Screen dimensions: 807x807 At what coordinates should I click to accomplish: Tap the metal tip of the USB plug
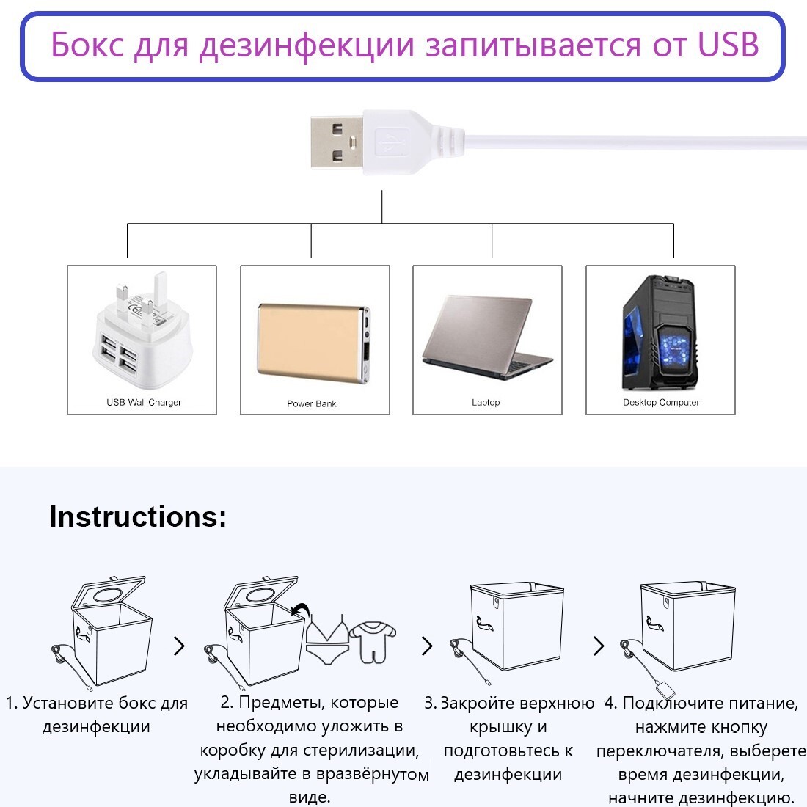(x=337, y=142)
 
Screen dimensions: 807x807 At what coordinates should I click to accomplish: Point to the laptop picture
(x=487, y=337)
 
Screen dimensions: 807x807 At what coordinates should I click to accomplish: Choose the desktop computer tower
(x=661, y=334)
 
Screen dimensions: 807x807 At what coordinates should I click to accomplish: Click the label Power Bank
(x=311, y=404)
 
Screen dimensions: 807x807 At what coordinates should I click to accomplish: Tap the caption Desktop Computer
(x=661, y=403)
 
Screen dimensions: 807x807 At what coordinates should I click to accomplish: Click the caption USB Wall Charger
(x=144, y=403)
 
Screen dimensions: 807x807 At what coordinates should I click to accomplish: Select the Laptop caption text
(x=486, y=403)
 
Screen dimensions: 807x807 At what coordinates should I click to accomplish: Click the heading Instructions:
(x=138, y=516)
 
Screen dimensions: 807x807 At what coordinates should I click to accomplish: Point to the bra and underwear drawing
(x=326, y=639)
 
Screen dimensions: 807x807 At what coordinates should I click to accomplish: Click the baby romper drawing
(x=373, y=641)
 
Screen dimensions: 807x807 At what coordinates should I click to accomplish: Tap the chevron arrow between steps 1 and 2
(x=179, y=646)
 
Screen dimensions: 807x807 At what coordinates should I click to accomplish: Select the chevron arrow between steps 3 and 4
(x=599, y=646)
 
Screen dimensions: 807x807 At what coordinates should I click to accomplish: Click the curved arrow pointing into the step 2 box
(x=301, y=610)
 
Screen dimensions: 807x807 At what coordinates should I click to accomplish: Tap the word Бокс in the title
(x=87, y=44)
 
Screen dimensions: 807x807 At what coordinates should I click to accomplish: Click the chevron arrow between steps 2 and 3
(x=427, y=646)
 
